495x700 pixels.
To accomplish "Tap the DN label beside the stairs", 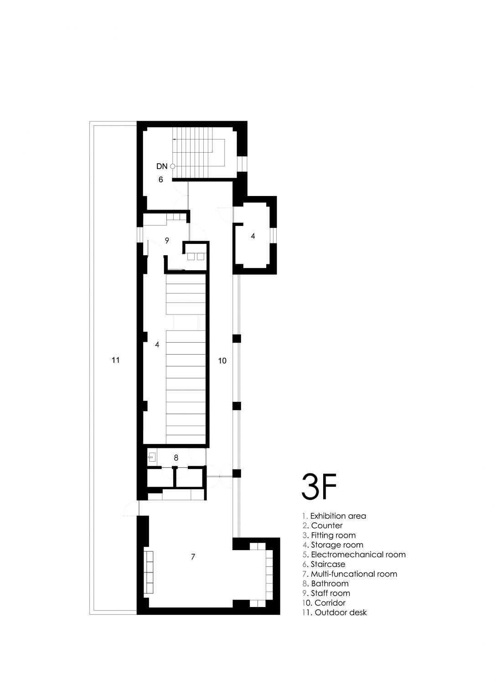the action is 162,166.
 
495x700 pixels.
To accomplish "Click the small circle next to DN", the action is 172,166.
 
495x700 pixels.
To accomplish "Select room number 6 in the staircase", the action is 160,180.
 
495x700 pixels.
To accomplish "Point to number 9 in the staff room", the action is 167,240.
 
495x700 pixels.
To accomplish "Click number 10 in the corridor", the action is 222,360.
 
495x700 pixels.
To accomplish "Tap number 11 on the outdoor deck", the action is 116,360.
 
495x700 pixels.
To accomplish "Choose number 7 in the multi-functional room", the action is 193,556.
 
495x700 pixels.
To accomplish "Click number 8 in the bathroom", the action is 176,458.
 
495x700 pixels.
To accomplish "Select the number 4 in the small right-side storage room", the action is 253,236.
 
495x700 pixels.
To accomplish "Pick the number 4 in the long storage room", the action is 157,345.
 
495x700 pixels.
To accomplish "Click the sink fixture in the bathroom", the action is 152,457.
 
